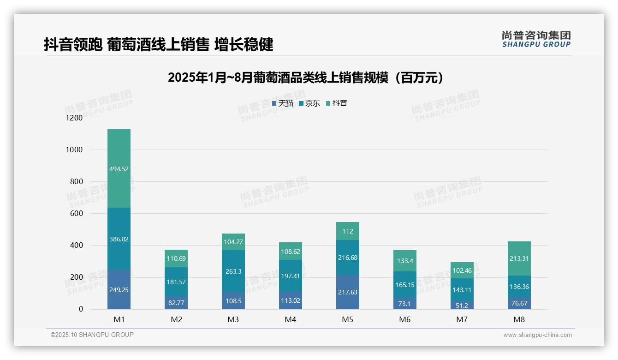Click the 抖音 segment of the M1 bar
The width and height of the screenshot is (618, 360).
(x=119, y=168)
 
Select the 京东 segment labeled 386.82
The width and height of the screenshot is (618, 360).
(x=119, y=239)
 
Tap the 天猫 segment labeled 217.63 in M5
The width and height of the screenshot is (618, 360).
(x=348, y=292)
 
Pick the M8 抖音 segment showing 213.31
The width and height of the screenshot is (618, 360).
(x=519, y=258)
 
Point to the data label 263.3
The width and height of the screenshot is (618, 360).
(x=233, y=271)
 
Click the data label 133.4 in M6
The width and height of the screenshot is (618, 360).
(x=405, y=261)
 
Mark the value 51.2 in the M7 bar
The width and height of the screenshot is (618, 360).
(x=462, y=306)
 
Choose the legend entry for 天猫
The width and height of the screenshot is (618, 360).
(x=283, y=103)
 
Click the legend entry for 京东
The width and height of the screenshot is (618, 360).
(x=309, y=103)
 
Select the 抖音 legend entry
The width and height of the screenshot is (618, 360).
(x=337, y=103)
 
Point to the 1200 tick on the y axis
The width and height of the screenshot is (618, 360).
(x=74, y=118)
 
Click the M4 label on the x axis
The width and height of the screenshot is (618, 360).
(x=291, y=319)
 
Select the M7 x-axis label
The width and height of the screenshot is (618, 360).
(x=462, y=319)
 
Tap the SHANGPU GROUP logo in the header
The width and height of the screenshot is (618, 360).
(x=536, y=39)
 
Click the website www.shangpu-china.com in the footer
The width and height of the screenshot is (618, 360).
(x=537, y=335)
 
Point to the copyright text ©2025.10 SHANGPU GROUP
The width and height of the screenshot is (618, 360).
(x=92, y=335)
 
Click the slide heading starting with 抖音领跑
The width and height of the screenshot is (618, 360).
(x=159, y=44)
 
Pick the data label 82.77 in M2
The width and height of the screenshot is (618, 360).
(x=176, y=303)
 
